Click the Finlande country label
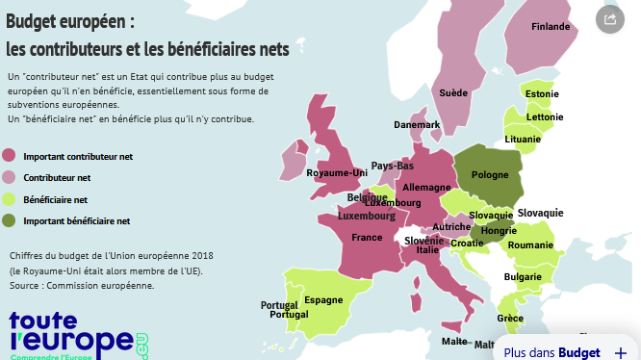[551, 54]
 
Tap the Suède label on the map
[453, 93]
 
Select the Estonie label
[543, 94]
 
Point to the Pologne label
[489, 176]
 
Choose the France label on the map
[367, 237]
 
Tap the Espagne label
[323, 299]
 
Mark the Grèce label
[510, 319]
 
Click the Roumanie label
[528, 245]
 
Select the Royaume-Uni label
[337, 173]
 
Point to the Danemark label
[417, 125]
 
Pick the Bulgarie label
[523, 277]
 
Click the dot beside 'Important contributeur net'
[10, 156]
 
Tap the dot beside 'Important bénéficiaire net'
[10, 221]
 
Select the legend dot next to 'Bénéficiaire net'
[10, 200]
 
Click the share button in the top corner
[609, 18]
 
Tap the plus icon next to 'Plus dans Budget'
[620, 352]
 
